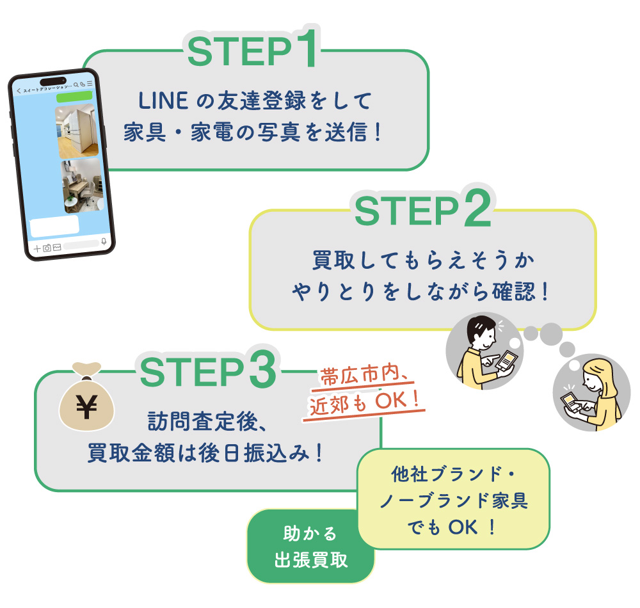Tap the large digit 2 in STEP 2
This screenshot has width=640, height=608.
pos(477,209)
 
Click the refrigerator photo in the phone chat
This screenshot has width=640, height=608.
pos(77,132)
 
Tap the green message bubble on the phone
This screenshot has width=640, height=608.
pos(74,97)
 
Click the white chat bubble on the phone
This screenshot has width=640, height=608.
pos(55,226)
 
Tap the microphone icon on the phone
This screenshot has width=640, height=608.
pos(104,243)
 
